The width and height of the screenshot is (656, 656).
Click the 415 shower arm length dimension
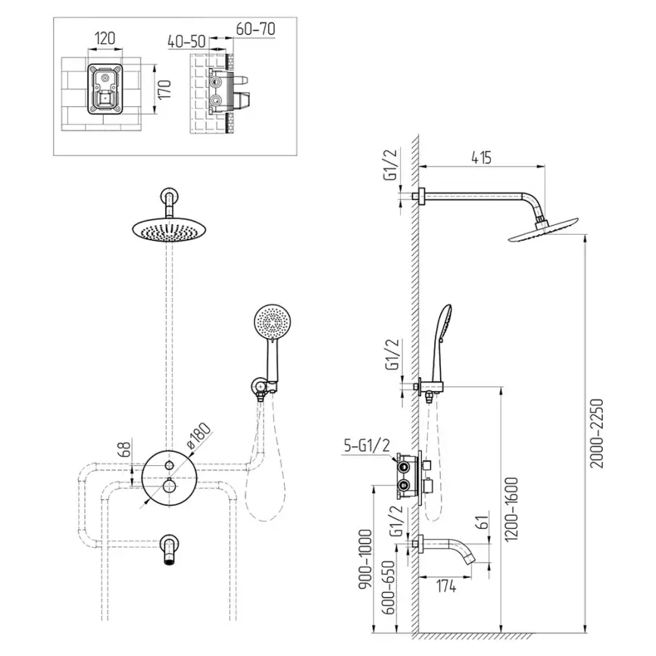481,158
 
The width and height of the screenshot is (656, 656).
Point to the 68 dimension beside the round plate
126,448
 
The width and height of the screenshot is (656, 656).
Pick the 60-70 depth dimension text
255,29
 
